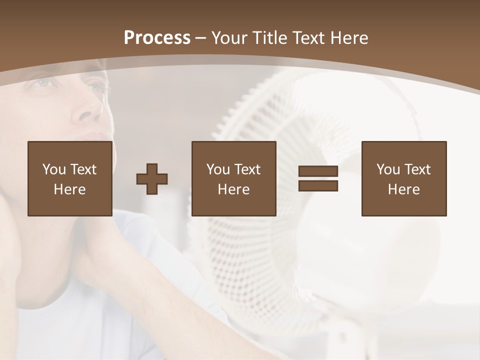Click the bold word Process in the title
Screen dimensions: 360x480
157,38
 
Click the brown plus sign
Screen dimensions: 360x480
152,178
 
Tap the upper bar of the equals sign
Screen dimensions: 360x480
318,171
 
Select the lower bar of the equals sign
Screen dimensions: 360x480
318,185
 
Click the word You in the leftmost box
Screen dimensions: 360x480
54,169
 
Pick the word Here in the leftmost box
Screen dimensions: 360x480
69,189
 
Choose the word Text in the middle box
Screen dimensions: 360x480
247,169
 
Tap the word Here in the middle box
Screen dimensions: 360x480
233,189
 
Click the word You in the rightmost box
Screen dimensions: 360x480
388,169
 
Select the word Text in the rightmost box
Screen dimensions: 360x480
417,169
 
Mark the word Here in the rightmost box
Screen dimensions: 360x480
403,189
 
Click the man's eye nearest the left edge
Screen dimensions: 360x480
42,81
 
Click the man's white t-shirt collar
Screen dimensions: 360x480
125,220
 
